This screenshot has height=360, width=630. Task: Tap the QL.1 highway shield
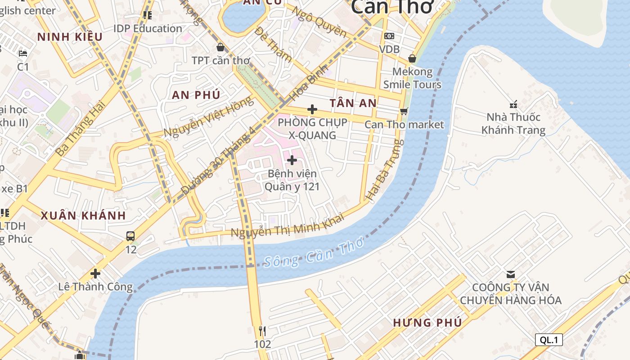click(549, 340)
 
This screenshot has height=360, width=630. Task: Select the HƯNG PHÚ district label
click(427, 323)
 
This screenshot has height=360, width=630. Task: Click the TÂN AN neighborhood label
click(353, 103)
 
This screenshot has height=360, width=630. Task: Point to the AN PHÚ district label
click(196, 95)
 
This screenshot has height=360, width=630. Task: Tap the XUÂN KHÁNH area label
click(83, 215)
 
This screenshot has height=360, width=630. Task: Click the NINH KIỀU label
click(70, 37)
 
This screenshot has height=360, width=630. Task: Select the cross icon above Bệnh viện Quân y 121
click(292, 160)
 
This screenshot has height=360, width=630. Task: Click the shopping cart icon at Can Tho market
click(404, 111)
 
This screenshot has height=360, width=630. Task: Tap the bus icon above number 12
click(130, 236)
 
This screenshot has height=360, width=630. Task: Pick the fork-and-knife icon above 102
click(262, 332)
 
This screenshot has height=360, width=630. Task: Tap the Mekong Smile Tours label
click(412, 78)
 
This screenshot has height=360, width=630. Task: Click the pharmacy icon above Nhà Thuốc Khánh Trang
click(513, 104)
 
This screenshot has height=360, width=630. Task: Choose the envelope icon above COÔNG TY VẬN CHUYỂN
click(510, 274)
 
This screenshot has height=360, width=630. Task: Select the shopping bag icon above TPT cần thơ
click(220, 47)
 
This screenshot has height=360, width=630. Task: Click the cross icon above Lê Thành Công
click(95, 273)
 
